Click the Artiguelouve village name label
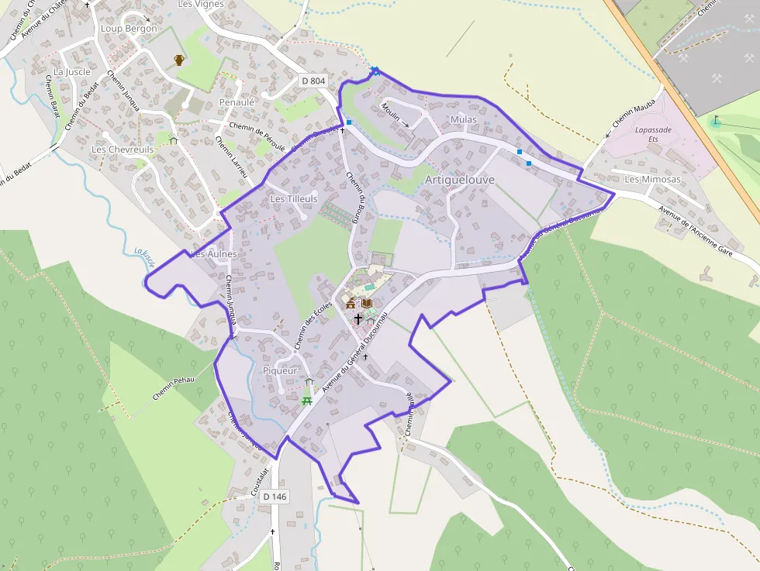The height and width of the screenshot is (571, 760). coord(459,180)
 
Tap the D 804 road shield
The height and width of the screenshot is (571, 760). coord(313,81)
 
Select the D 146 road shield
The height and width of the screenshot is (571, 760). coord(275,497)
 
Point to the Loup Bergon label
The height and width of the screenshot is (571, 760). coord(129,29)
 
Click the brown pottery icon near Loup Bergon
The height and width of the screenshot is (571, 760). coord(179,60)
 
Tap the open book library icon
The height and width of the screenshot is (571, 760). coord(367,303)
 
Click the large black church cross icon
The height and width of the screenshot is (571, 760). coord(358,318)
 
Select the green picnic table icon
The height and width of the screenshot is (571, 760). coord(308,400)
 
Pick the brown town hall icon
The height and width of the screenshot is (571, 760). coord(351,303)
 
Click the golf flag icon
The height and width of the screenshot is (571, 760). coord(715,122)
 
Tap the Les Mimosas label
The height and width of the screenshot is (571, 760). coord(641,180)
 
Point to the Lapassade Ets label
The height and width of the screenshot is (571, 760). coord(652,135)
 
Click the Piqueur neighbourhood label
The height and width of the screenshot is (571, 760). coord(280,370)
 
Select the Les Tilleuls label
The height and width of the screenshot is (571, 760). coord(294,199)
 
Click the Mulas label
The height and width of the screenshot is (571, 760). coord(463,120)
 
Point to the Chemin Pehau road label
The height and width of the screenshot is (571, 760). coord(173,385)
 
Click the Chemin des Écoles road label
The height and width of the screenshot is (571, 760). coord(314,324)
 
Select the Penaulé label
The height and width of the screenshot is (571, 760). coord(237,102)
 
